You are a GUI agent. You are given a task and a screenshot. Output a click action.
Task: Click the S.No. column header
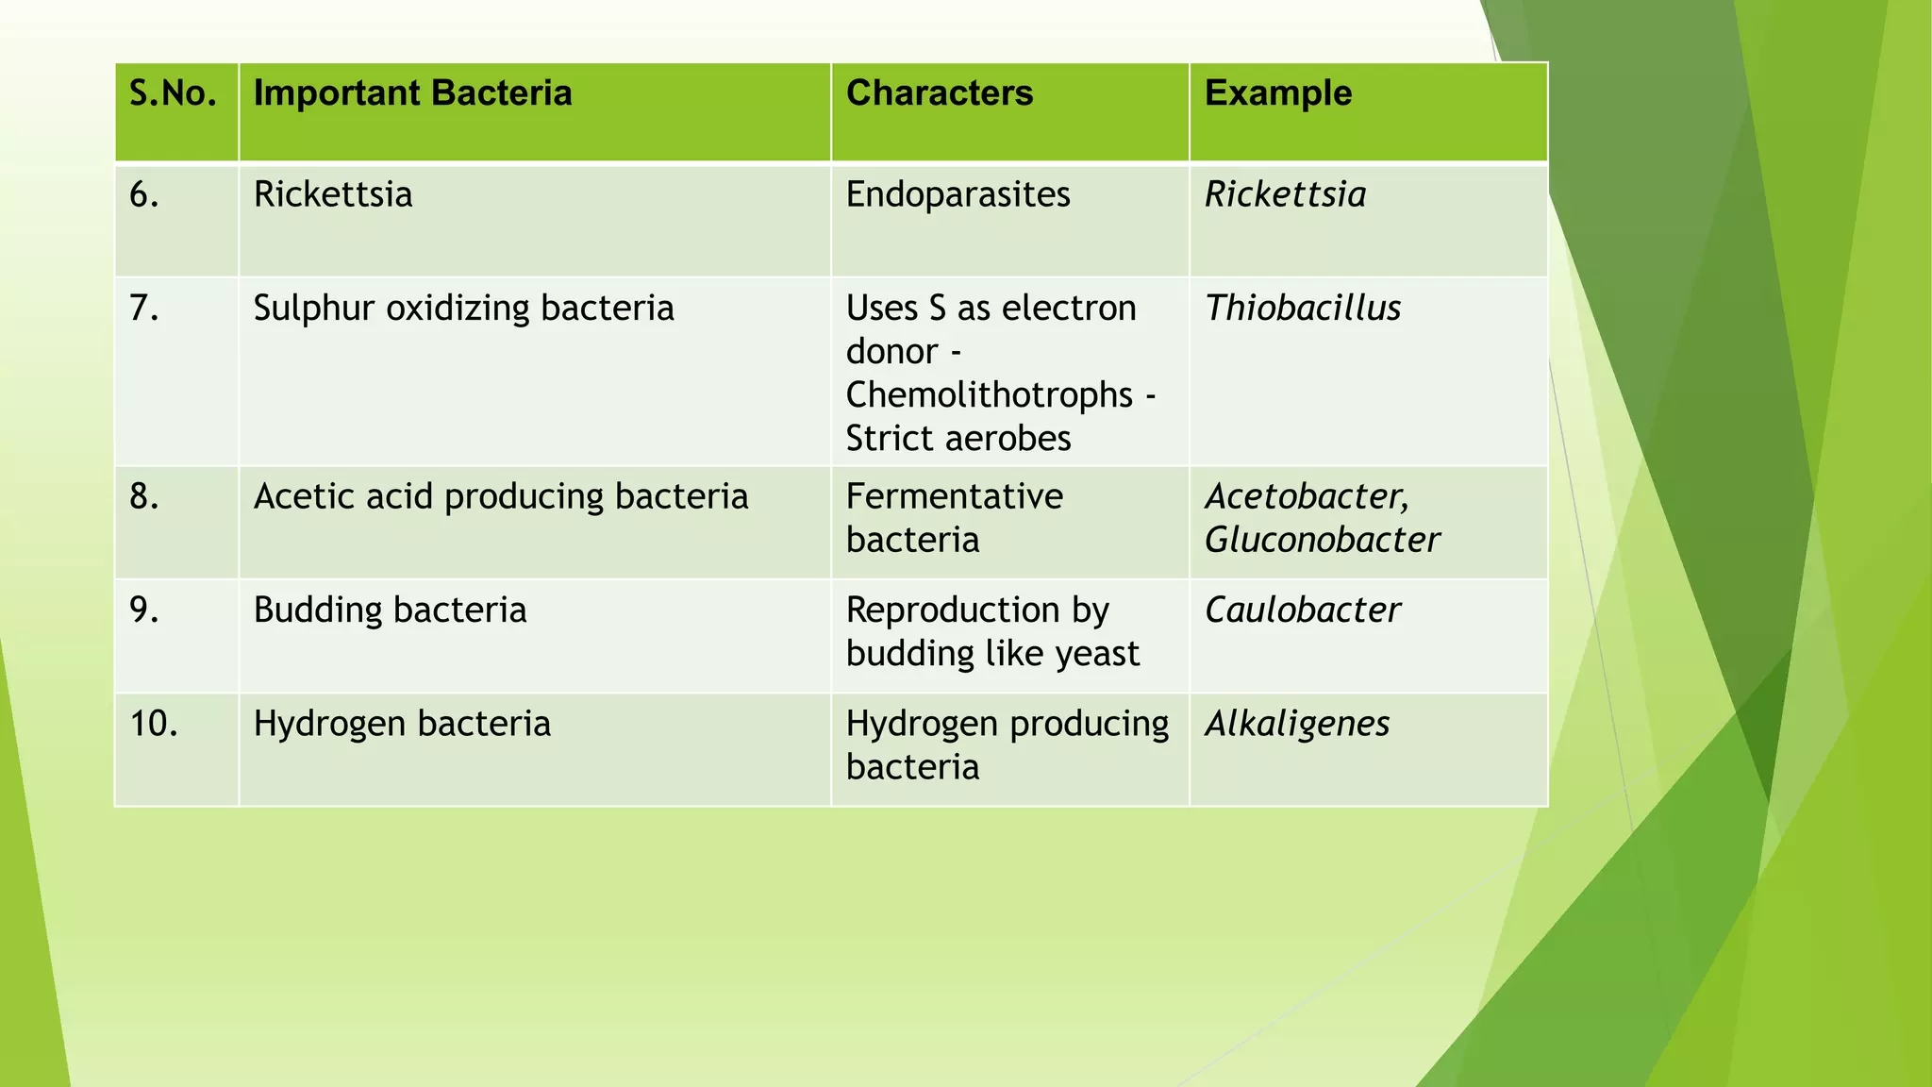pos(173,93)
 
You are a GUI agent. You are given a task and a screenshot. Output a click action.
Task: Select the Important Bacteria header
pos(412,93)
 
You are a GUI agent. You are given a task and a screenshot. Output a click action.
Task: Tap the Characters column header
pos(939,93)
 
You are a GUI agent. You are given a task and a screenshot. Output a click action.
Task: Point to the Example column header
pos(1277,93)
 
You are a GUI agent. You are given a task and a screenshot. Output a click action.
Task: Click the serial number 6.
pos(143,195)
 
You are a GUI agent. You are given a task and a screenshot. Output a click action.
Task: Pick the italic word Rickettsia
pos(1285,195)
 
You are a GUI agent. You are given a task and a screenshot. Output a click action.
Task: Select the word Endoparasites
pos(958,195)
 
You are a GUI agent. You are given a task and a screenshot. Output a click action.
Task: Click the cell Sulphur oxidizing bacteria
pos(463,309)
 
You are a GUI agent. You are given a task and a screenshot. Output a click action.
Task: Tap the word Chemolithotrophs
pos(989,395)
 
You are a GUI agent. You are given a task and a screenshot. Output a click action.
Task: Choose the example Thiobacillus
pos(1302,309)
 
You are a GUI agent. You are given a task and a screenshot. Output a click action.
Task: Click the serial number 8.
pos(143,497)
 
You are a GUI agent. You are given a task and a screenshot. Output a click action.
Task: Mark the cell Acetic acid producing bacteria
pos(500,497)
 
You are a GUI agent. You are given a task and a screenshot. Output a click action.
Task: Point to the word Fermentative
pos(954,497)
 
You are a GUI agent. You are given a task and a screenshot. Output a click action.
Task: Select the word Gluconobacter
pos(1322,541)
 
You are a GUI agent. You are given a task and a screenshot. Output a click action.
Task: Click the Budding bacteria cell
pos(390,610)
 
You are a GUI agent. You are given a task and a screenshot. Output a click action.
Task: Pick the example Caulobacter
pos(1302,610)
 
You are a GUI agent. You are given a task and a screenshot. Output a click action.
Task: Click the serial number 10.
pos(153,724)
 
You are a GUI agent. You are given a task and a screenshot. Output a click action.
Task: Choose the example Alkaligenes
pos(1297,724)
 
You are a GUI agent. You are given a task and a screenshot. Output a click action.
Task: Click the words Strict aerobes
pos(958,439)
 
